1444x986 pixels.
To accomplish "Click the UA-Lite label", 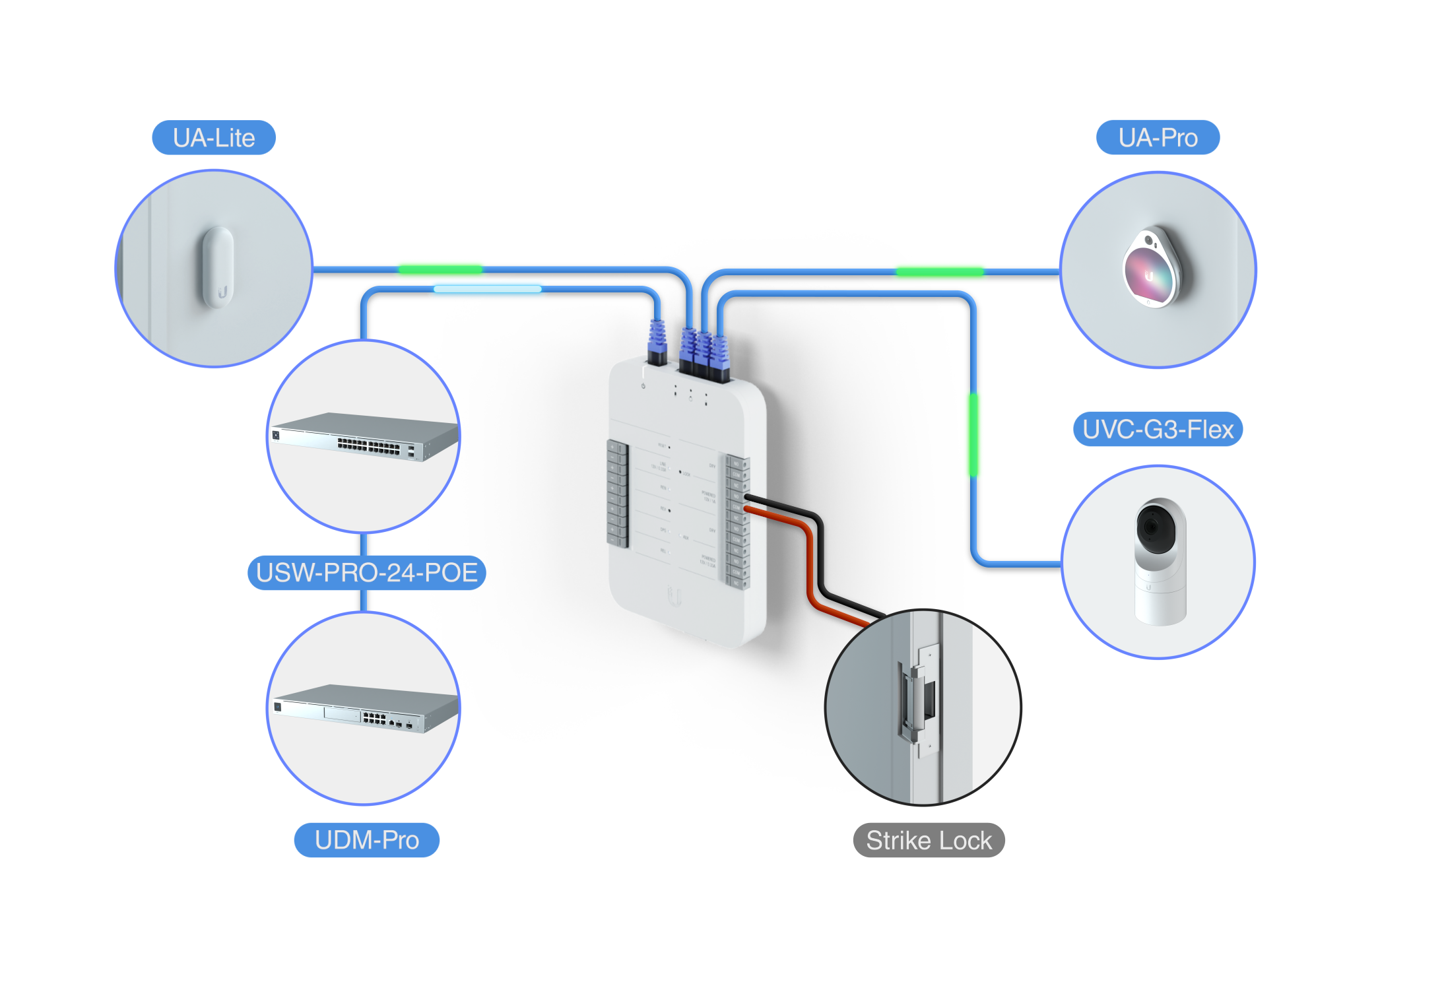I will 214,138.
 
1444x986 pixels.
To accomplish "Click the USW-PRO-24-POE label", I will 366,572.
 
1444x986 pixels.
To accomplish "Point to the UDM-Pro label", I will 366,840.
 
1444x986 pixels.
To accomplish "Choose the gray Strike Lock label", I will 928,840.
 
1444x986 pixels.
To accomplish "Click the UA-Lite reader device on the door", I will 218,267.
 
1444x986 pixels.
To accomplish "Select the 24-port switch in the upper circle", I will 366,437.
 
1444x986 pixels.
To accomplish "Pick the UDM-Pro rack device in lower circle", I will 366,709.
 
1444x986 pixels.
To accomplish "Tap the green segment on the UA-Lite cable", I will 440,269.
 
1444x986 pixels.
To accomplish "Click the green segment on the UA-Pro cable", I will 939,272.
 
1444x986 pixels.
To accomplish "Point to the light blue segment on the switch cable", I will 487,289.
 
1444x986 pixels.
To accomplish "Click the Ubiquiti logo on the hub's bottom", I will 673,595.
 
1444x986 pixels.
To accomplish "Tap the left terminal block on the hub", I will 617,494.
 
